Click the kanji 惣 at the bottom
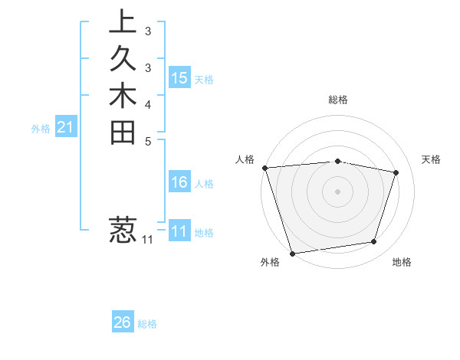pos(123,231)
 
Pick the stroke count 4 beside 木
pos(147,104)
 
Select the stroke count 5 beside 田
pos(147,141)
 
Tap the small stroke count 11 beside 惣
pos(147,240)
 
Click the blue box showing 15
pos(179,78)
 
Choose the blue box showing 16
pos(179,182)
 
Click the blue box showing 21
pos(66,128)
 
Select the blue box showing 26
pos(123,322)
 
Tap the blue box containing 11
pos(179,231)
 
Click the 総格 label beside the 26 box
pos(147,324)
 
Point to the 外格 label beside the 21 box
pos(41,129)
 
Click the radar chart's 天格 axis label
pos(432,159)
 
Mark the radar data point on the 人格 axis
pos(264,168)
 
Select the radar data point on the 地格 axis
pos(374,242)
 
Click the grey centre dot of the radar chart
pos(337,191)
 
